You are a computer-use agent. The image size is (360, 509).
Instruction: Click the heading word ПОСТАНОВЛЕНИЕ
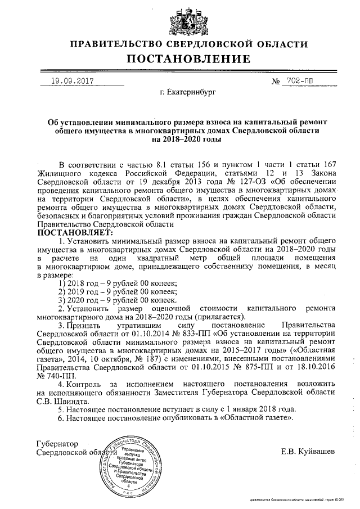click(x=180, y=59)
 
